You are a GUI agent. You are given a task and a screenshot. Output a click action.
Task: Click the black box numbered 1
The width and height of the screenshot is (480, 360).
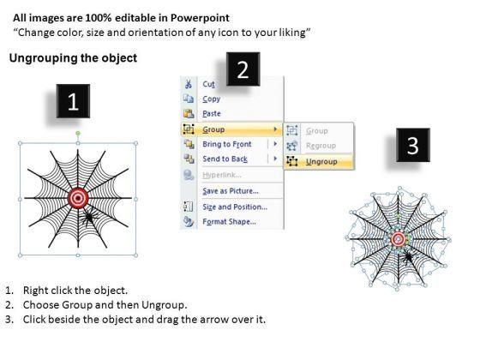[x=73, y=101]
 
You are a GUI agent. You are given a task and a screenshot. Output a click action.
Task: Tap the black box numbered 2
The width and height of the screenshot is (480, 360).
[x=243, y=69]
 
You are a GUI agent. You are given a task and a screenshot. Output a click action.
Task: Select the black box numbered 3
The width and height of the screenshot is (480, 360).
[x=413, y=145]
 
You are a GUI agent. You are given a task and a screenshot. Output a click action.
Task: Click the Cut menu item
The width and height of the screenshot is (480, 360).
[x=209, y=84]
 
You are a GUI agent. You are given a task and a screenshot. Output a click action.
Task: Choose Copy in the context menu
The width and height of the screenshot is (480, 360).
[x=211, y=99]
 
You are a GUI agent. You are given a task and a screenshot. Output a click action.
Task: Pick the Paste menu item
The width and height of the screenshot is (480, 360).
[x=212, y=113]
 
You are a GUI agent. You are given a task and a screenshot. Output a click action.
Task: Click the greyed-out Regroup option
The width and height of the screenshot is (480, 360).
[x=321, y=146]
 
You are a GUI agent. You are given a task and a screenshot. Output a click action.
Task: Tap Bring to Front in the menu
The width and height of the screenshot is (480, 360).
[x=227, y=144]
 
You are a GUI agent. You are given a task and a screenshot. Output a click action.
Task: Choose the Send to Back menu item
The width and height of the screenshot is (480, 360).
[x=225, y=159]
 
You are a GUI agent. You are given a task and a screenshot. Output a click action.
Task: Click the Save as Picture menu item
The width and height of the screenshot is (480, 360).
[x=231, y=191]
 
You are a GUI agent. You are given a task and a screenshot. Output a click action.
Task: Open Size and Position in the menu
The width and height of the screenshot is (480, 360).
[x=235, y=207]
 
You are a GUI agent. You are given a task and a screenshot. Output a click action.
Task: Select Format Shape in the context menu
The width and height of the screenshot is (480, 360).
[x=229, y=222]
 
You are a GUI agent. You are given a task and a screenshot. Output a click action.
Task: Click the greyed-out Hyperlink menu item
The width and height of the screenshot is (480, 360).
[x=222, y=175]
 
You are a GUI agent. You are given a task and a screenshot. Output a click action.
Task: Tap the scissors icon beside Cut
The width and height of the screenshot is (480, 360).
[x=189, y=84]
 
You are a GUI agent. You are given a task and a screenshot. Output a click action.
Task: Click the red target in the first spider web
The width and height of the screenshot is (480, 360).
[x=78, y=198]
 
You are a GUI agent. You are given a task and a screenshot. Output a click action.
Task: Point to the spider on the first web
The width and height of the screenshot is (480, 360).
[x=88, y=217]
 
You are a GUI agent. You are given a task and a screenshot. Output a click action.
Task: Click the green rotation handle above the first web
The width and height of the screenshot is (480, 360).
[x=78, y=133]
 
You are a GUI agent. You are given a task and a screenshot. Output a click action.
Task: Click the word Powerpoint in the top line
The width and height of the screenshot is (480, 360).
[x=200, y=18]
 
